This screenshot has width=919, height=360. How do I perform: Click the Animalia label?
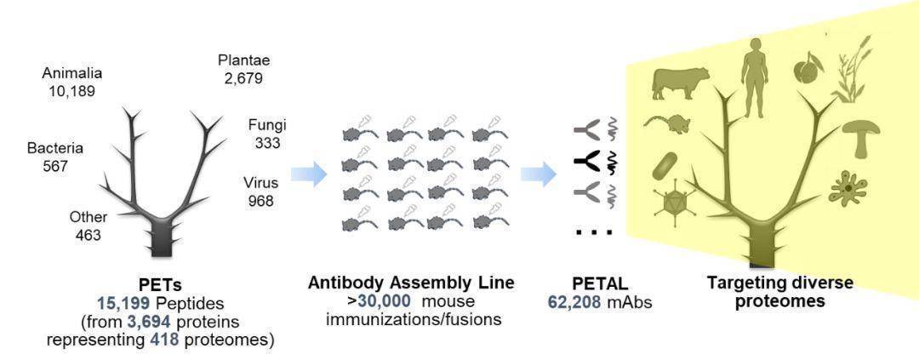[71, 72]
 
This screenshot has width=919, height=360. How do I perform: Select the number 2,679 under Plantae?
[243, 78]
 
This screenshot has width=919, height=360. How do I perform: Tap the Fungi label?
[266, 124]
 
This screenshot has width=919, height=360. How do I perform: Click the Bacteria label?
[54, 148]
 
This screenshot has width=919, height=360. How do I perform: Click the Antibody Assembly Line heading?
[411, 283]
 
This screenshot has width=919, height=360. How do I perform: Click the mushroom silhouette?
[860, 135]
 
